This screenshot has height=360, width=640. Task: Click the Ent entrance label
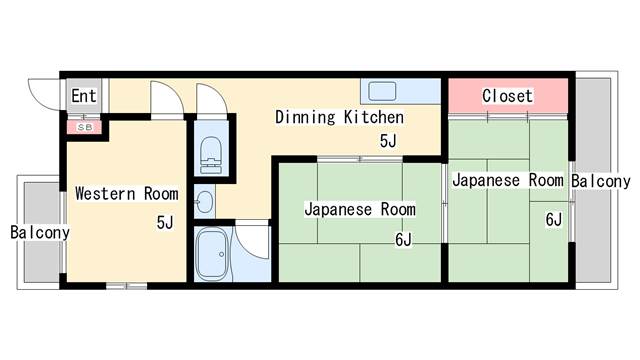point(84,96)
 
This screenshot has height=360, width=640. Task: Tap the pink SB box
point(84,127)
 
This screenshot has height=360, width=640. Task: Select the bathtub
point(211,254)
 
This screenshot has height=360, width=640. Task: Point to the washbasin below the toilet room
point(204,202)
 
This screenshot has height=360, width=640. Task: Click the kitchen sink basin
point(382,91)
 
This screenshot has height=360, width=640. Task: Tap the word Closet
point(507,96)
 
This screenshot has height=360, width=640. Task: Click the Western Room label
point(127,193)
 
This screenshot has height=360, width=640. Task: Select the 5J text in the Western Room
point(165,222)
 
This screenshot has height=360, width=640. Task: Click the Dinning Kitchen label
point(340,118)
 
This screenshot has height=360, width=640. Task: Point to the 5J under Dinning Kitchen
point(388,141)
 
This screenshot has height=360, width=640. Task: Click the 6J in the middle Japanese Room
point(403,240)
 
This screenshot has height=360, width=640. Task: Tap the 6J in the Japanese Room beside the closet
point(554,220)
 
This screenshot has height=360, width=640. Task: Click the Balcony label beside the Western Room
point(40,233)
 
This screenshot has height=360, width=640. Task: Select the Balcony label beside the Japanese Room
point(600,181)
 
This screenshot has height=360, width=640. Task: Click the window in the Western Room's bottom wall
point(127,286)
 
